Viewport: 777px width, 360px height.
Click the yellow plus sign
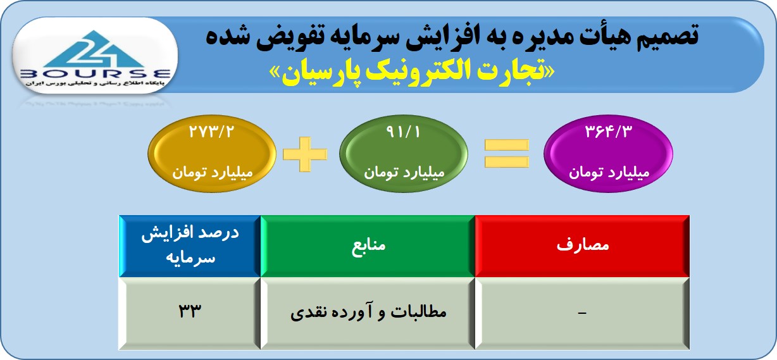(x=305, y=154)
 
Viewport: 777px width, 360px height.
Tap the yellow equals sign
(x=507, y=153)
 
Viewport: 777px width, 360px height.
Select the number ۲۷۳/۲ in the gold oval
(x=211, y=132)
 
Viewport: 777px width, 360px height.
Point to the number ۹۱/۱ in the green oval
(x=403, y=132)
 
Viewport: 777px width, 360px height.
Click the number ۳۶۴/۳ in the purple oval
(x=609, y=132)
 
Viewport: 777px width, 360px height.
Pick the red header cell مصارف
(x=582, y=246)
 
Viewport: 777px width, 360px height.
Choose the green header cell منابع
(x=368, y=246)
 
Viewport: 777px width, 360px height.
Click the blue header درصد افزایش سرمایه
(x=190, y=246)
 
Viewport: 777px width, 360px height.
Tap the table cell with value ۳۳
(x=190, y=313)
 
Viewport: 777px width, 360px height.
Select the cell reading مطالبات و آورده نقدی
(x=368, y=313)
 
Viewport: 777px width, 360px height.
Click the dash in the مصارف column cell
(x=582, y=313)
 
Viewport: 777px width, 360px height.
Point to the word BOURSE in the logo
(x=96, y=74)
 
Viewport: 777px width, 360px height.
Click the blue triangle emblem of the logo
(x=94, y=49)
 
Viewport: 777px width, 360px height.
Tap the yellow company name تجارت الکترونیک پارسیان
(x=412, y=72)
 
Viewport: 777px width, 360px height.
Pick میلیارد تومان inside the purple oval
(x=609, y=172)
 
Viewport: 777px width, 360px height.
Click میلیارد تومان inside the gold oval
(x=213, y=172)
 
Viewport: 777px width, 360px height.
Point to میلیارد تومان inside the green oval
(x=404, y=172)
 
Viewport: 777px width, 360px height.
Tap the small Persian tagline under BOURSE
(x=96, y=84)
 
